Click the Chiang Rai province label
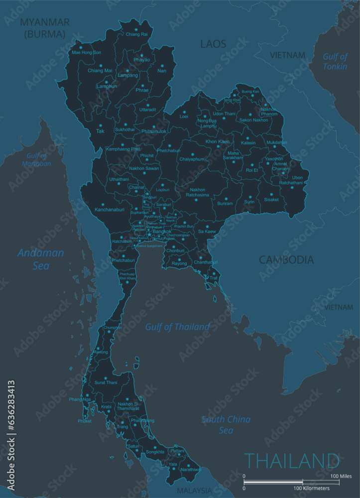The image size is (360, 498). coord(136,34)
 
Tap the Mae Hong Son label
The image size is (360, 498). coord(86,52)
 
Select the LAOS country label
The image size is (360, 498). coord(213,44)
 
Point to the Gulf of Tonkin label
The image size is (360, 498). coord(335,61)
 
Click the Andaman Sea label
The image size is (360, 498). coord(41,259)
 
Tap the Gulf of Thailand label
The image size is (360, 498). coord(177,327)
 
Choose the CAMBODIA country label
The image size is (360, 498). coord(286,259)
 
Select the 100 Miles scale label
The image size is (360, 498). coord(342,476)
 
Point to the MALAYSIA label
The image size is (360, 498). coord(195,491)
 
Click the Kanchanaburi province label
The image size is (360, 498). coord(110,210)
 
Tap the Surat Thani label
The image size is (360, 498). coord(106,382)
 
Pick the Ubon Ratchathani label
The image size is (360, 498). coord(297,180)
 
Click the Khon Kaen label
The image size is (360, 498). coord(218,142)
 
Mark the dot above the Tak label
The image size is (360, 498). coord(101,125)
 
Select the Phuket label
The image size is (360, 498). coord(85,421)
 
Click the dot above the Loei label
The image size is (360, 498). coord(184,112)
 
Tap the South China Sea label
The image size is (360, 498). coord(226,425)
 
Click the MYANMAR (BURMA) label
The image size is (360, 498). coord(44,28)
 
